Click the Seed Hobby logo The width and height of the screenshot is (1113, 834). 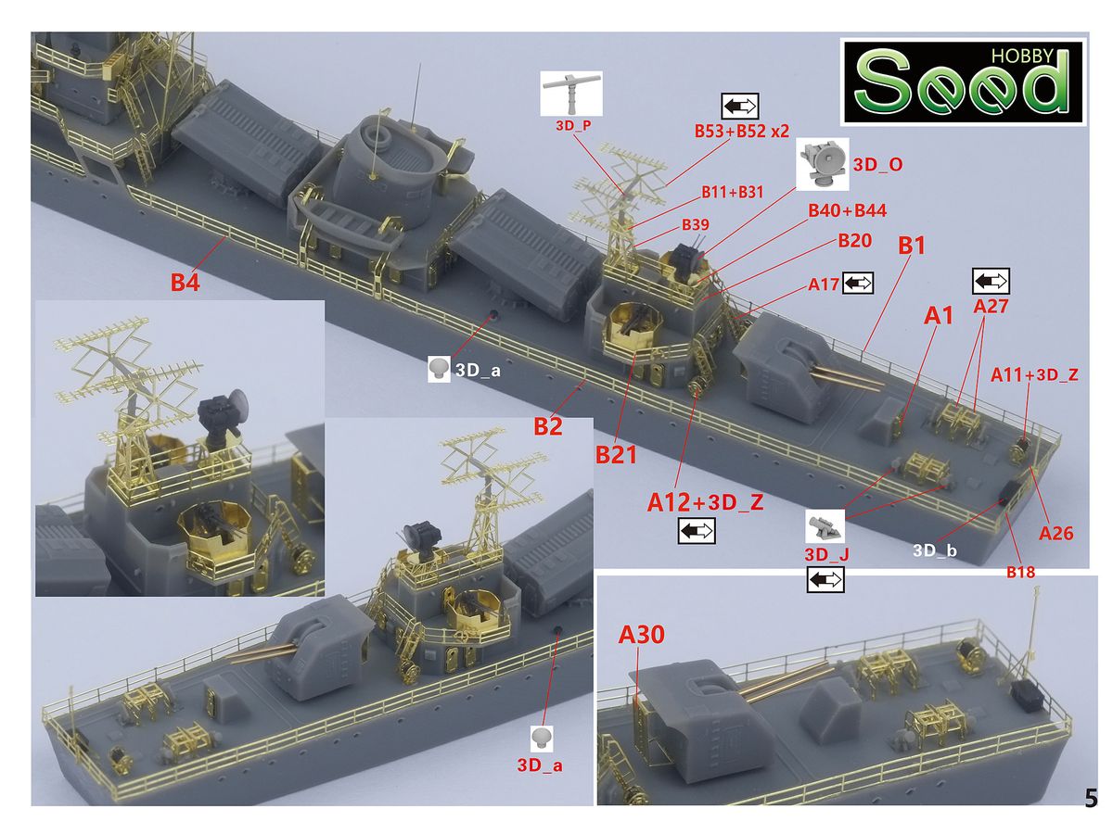tap(963, 82)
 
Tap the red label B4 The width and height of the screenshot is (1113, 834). tap(185, 282)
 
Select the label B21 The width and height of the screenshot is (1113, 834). tap(616, 454)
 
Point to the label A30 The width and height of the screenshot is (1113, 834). tap(641, 634)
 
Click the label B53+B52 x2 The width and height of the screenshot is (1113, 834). tap(742, 132)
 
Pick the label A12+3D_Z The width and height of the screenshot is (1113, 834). tap(705, 502)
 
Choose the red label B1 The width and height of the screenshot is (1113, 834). tap(911, 246)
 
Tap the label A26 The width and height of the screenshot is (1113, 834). tap(1055, 533)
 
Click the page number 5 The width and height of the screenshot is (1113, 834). tap(1091, 798)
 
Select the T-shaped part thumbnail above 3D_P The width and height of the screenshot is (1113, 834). tap(571, 94)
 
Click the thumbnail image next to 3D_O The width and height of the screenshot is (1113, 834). tap(822, 164)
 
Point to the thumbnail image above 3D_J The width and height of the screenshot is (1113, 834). tap(825, 526)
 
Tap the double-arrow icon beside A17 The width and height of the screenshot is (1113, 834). tap(857, 283)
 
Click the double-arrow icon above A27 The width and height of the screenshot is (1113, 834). tap(991, 281)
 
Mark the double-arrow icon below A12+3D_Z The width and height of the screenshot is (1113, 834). tap(697, 531)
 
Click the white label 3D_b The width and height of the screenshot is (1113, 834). tap(935, 550)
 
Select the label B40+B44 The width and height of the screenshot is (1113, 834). tap(848, 210)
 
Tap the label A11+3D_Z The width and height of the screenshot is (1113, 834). tap(1034, 375)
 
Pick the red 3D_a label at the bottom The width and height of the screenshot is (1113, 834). tap(540, 764)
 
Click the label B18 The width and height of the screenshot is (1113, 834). tap(1019, 572)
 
